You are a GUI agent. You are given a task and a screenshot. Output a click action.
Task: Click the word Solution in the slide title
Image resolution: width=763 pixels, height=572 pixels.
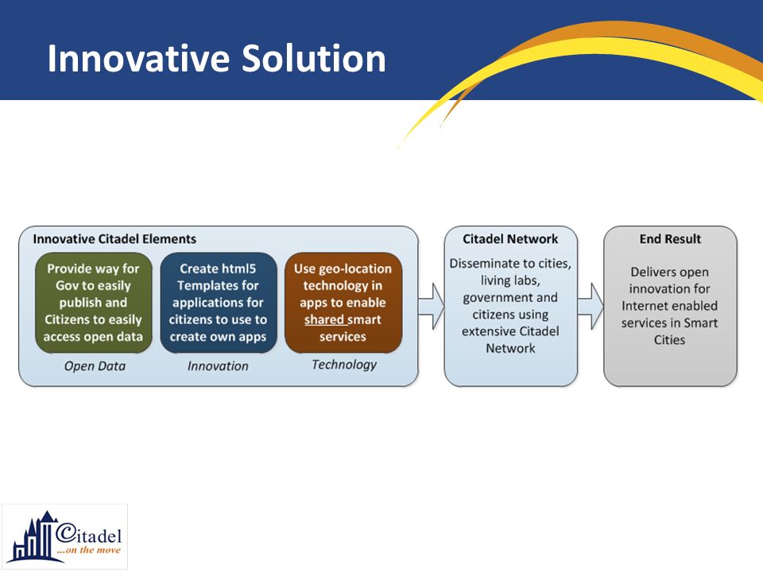click(314, 58)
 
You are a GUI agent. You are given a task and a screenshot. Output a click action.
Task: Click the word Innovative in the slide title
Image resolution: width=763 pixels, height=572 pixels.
click(138, 58)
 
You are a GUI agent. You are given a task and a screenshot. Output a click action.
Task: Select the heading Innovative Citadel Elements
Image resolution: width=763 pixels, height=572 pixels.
click(114, 239)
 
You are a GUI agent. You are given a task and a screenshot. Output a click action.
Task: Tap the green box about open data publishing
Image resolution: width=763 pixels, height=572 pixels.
click(94, 303)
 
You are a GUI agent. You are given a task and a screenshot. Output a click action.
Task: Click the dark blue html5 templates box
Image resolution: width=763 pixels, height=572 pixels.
click(218, 303)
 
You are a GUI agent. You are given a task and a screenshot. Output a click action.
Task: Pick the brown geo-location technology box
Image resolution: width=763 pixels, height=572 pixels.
click(343, 303)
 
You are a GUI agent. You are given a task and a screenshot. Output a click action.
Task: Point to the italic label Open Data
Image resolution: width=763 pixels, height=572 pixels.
click(95, 366)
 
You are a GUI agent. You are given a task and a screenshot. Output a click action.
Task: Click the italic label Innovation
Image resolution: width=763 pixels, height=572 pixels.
click(218, 366)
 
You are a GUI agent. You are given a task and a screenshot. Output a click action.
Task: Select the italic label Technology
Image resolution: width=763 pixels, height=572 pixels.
click(344, 365)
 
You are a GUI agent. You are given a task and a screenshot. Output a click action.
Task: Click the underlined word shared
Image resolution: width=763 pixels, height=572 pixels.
click(324, 319)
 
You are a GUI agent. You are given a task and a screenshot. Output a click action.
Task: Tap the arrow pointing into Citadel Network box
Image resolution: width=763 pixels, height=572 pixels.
click(431, 307)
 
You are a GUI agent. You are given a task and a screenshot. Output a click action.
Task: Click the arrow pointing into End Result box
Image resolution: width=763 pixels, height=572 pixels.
click(591, 307)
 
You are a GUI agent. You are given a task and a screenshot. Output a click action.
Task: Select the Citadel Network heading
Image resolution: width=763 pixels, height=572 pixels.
click(510, 239)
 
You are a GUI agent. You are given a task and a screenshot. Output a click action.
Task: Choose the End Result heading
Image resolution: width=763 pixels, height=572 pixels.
click(670, 239)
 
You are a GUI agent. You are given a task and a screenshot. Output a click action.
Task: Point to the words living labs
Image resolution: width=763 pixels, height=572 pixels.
click(510, 280)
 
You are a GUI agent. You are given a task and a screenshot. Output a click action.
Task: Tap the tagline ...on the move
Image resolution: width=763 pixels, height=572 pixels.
click(88, 550)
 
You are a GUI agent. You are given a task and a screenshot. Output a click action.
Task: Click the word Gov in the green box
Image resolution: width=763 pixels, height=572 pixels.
click(65, 285)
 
